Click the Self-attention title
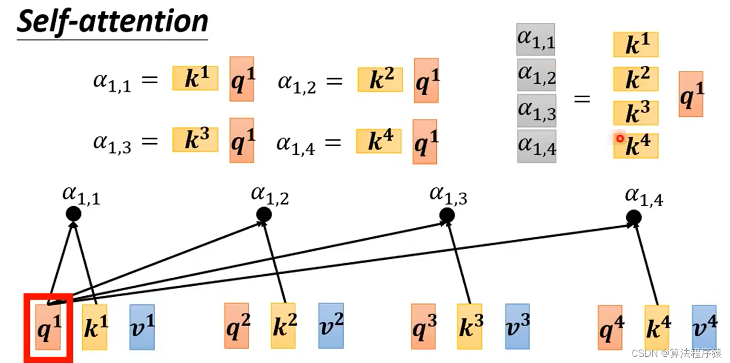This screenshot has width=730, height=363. click(112, 22)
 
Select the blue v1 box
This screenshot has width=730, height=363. click(142, 327)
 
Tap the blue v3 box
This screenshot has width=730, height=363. click(517, 327)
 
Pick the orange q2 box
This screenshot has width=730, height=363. click(236, 326)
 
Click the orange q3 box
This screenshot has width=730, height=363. click(423, 326)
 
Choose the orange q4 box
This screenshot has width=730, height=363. click(611, 327)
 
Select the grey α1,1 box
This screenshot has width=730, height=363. click(536, 39)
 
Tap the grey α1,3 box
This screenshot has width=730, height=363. click(536, 110)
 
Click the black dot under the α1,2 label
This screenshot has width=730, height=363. click(264, 214)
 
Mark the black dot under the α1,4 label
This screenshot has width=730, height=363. click(634, 217)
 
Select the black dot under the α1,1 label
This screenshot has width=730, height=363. click(73, 214)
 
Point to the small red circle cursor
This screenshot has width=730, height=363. click(620, 138)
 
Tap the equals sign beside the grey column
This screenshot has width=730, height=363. click(582, 98)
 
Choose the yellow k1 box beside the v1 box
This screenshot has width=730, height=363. click(95, 327)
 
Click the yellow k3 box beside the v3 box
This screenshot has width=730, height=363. click(469, 327)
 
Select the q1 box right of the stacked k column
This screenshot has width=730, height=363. click(691, 94)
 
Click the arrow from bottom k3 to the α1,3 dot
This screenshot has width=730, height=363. click(459, 263)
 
